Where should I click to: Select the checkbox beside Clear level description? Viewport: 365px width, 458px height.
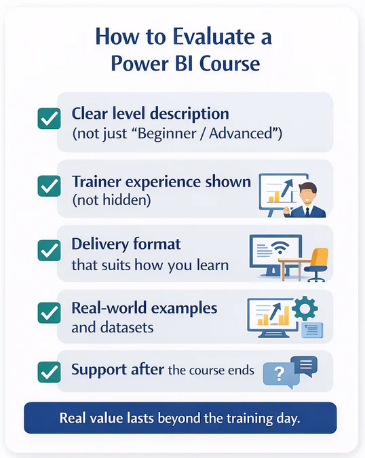click(x=48, y=120)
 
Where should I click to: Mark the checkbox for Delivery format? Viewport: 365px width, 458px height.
click(x=48, y=250)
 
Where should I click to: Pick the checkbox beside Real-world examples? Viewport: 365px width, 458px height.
click(x=48, y=313)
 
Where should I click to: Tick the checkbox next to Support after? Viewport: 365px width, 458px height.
click(x=48, y=371)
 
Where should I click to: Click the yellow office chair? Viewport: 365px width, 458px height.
click(x=318, y=263)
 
